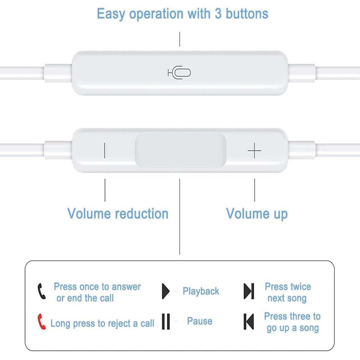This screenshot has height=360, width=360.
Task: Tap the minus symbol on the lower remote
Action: point(104,150)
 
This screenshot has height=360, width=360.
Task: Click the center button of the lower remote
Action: point(180,150)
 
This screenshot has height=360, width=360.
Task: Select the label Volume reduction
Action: point(118,214)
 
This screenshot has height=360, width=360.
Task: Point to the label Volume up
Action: point(257,214)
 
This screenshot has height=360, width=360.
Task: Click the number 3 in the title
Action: point(218,14)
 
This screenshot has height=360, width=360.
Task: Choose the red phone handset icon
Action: point(41,322)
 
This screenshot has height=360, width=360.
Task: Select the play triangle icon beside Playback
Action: point(165,291)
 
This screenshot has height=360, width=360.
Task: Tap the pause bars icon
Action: point(166,321)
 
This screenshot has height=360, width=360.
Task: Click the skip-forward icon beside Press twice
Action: point(249,291)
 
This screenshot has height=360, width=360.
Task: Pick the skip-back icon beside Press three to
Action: point(249,321)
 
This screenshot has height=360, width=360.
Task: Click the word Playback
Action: point(201,291)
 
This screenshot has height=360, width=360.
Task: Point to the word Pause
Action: point(199,321)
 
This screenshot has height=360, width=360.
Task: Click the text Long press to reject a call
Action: point(102,323)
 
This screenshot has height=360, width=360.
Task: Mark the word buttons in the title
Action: point(247,14)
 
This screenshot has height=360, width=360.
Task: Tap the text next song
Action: point(287,298)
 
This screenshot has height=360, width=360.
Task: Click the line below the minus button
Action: point(105,190)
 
